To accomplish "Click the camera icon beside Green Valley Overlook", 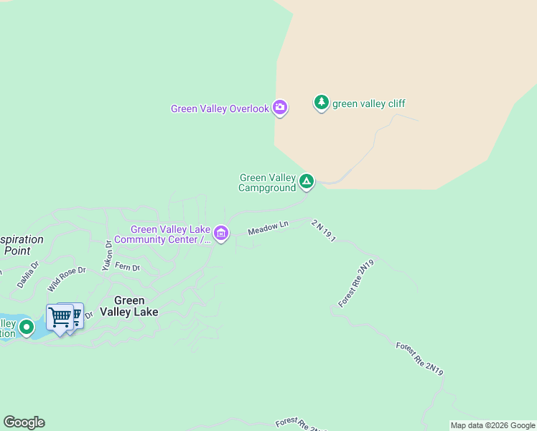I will (x=280, y=108).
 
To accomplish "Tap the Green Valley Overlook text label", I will (x=220, y=109).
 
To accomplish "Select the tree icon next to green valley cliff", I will (x=322, y=103).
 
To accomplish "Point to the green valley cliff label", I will (x=368, y=103).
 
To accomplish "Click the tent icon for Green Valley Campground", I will (x=307, y=182).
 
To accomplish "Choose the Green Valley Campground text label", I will (x=267, y=183).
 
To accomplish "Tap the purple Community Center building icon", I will (x=221, y=233).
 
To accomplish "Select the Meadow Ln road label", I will (x=268, y=228).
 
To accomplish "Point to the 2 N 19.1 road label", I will (x=324, y=230).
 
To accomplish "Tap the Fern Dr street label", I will (x=127, y=268).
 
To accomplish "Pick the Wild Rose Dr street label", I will (x=67, y=279).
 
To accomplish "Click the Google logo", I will (x=24, y=422).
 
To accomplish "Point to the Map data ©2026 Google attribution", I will (x=492, y=425).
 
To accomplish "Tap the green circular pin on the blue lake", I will (x=27, y=327).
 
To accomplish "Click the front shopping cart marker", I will (x=60, y=317).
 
